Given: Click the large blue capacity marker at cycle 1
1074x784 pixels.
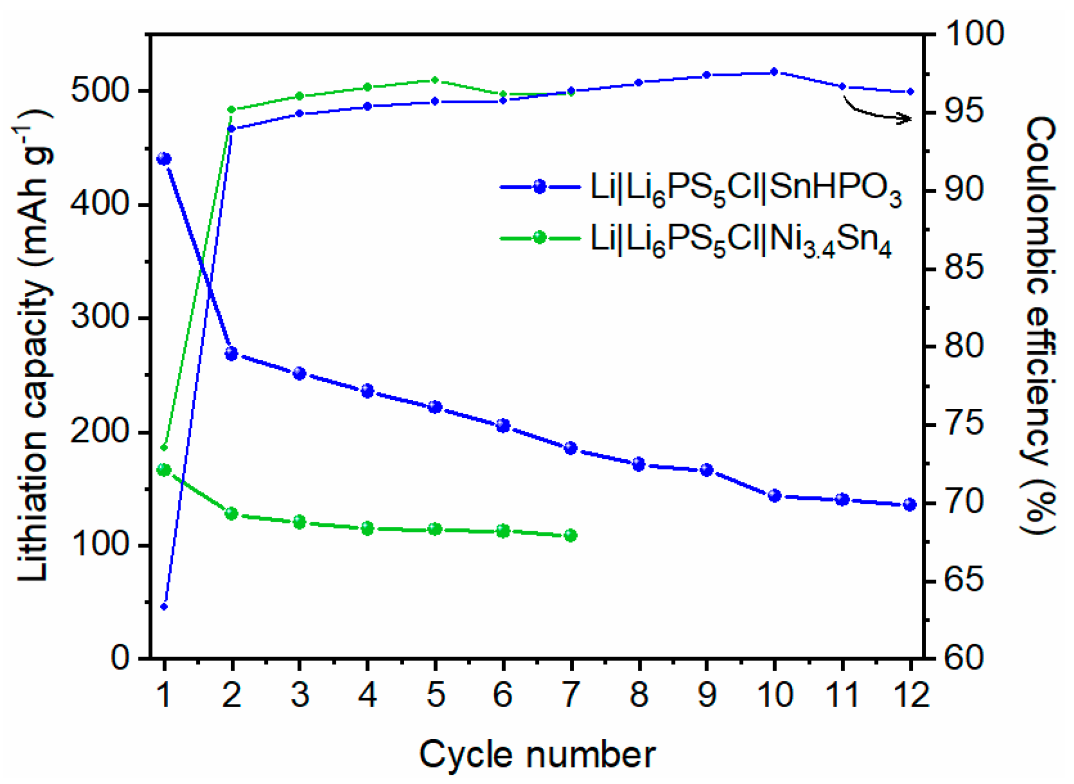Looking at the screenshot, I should (x=164, y=159).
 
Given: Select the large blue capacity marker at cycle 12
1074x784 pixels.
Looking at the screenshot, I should (x=910, y=504).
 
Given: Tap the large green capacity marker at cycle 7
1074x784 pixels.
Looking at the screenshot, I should (x=570, y=535).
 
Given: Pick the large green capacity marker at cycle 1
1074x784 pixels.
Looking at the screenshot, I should (x=164, y=470).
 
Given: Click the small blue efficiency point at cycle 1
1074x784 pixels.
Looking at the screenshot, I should (x=164, y=607).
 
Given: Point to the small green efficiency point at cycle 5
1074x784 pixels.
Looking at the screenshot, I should (x=435, y=80).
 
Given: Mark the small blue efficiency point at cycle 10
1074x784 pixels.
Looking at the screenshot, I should (x=774, y=72).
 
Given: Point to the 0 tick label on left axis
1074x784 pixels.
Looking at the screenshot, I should (x=120, y=657).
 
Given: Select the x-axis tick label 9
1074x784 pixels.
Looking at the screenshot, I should (x=707, y=694).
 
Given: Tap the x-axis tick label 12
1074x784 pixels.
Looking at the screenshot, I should (x=910, y=694).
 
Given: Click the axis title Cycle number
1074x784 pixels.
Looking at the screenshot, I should (x=537, y=754).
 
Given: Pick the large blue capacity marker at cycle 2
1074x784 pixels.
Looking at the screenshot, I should (x=231, y=353).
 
